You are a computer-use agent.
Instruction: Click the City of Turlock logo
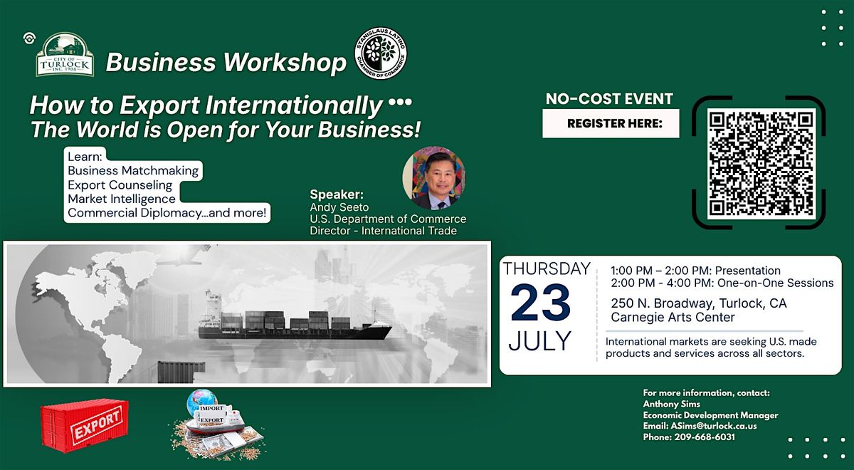coord(65,55)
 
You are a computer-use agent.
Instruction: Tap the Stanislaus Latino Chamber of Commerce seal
coord(381,53)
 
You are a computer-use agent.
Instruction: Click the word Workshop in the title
coord(285,62)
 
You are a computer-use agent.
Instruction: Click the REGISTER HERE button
coord(611,123)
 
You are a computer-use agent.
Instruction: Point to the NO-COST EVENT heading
coord(609,99)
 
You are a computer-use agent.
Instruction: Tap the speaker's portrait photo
coord(434,178)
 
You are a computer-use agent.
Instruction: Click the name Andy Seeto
coord(339,207)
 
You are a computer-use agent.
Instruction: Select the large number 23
coord(540,303)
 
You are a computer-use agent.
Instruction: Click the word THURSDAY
coord(547,268)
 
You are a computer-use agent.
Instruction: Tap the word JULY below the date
coord(540,340)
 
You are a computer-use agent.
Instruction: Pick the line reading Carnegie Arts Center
coord(673,317)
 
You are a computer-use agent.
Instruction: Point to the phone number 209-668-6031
coord(705,437)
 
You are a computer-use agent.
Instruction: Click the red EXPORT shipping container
coord(85,425)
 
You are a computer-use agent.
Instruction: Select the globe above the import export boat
coord(201,402)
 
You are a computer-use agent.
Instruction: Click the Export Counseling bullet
coord(120,185)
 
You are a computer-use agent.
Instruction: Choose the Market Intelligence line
coord(122,199)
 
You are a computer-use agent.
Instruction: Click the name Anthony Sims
coord(671,404)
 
